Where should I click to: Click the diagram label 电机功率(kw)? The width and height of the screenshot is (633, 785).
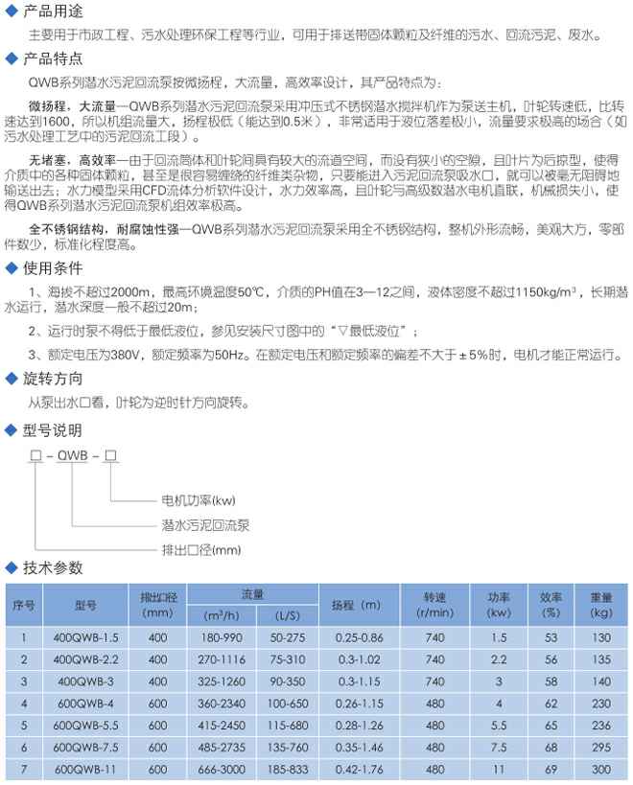point(197,500)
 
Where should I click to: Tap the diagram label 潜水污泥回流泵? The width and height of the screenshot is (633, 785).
point(203,525)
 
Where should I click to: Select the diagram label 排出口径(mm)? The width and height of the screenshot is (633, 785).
point(199,549)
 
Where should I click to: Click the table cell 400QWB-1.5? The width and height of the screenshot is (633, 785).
point(85,636)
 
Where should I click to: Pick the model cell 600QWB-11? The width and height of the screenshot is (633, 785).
point(85,769)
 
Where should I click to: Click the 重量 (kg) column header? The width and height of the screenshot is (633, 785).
point(601,604)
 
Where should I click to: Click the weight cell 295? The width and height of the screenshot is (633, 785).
point(601,747)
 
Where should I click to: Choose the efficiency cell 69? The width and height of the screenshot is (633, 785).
point(550,769)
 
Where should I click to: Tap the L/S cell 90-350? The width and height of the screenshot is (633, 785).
point(287,681)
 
